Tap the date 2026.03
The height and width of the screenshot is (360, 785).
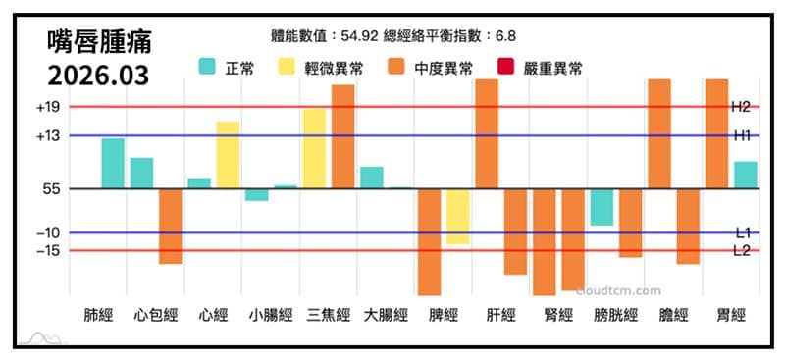click(x=99, y=76)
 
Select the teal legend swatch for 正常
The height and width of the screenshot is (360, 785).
click(x=208, y=68)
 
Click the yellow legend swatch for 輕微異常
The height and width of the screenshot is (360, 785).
click(x=289, y=68)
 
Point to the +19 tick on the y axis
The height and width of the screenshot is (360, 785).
click(x=47, y=107)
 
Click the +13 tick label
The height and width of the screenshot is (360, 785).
click(x=47, y=136)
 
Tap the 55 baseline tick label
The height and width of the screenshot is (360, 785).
click(x=52, y=188)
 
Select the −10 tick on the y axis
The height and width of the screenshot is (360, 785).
click(x=47, y=233)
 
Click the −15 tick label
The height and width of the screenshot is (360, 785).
click(x=47, y=251)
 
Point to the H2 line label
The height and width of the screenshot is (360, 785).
click(x=741, y=106)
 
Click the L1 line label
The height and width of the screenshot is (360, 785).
click(x=743, y=232)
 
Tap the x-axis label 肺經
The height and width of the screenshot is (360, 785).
click(x=98, y=316)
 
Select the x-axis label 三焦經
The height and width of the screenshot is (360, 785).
click(x=329, y=316)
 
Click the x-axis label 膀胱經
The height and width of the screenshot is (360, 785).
click(x=616, y=316)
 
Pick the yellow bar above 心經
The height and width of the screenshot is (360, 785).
click(x=228, y=155)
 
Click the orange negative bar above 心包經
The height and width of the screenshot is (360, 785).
click(x=171, y=226)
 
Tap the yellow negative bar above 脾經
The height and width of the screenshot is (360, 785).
click(x=457, y=216)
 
